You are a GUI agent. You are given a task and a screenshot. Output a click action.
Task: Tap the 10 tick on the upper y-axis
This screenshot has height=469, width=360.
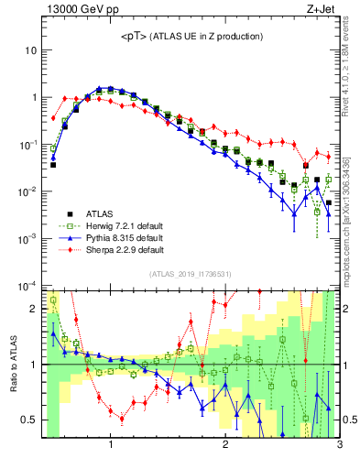(x=30, y=49)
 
